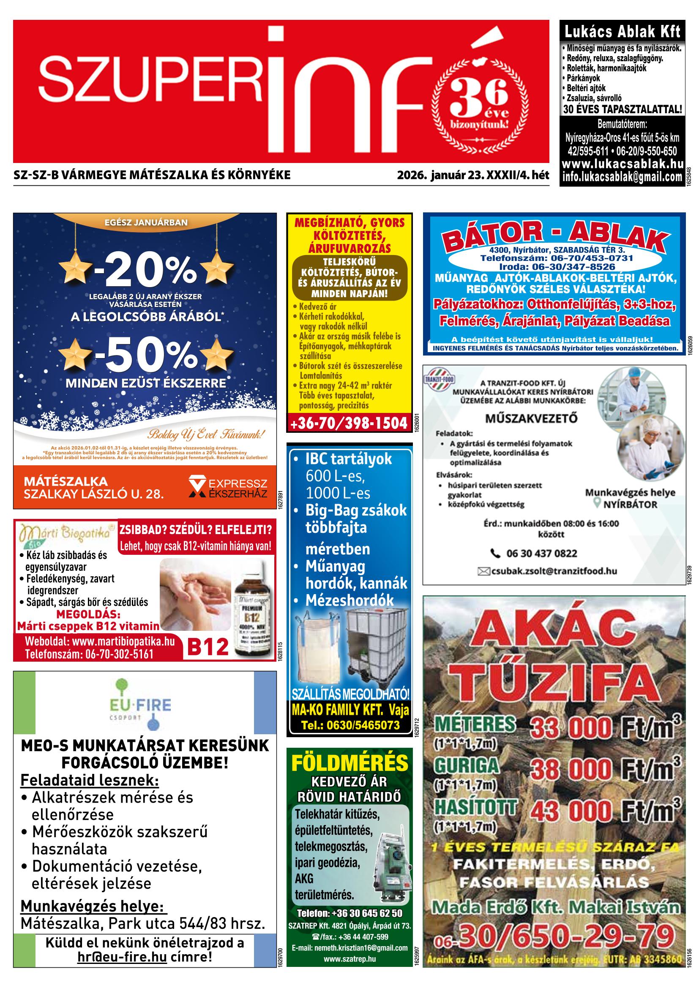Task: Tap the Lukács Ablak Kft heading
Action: (622, 32)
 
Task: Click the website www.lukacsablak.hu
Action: (623, 164)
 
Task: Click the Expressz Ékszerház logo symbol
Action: (197, 487)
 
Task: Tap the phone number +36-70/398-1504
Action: (349, 423)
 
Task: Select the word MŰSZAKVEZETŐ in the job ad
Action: (531, 418)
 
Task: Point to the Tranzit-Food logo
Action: (439, 380)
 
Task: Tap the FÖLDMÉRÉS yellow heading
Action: (349, 763)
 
